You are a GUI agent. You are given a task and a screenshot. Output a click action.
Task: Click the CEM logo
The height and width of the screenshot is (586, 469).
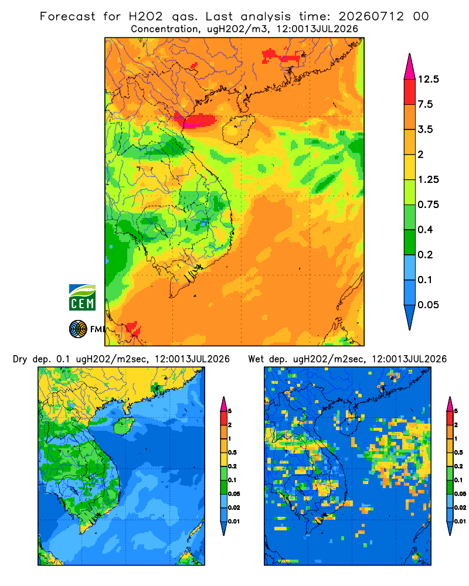82,298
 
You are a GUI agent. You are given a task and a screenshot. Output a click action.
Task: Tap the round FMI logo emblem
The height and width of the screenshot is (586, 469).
78,329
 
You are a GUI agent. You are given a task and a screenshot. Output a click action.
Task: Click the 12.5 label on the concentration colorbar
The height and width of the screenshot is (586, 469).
429,79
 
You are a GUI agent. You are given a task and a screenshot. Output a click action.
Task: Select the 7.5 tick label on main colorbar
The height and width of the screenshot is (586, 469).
425,104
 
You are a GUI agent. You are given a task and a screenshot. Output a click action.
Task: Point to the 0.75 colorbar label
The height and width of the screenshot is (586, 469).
428,205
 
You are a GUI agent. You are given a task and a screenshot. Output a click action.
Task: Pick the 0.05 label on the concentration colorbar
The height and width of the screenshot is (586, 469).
428,305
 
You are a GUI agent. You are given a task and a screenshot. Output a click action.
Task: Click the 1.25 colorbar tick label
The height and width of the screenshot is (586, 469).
428,179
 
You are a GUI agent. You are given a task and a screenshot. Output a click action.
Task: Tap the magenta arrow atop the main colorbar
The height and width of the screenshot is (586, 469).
410,67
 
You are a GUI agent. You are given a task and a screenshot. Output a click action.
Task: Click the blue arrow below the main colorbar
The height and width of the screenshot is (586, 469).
410,318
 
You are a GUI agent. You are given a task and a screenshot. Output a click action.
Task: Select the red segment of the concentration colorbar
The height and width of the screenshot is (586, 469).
410,92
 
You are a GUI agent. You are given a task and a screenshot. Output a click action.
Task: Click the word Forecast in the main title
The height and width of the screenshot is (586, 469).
67,16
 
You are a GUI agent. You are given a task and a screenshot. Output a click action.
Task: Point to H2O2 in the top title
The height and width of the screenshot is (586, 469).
146,16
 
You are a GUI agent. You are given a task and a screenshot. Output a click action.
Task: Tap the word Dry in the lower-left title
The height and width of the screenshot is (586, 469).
20,359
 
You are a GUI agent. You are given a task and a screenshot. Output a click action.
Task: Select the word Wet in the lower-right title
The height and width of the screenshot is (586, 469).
256,359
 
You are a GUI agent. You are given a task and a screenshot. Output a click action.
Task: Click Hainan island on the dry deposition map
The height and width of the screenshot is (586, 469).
124,425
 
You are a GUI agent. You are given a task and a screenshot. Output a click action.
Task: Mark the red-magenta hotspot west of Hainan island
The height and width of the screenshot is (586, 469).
196,120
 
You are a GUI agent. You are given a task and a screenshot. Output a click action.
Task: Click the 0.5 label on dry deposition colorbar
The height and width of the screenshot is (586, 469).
232,452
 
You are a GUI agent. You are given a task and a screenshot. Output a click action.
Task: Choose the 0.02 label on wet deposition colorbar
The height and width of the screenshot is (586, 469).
460,507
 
